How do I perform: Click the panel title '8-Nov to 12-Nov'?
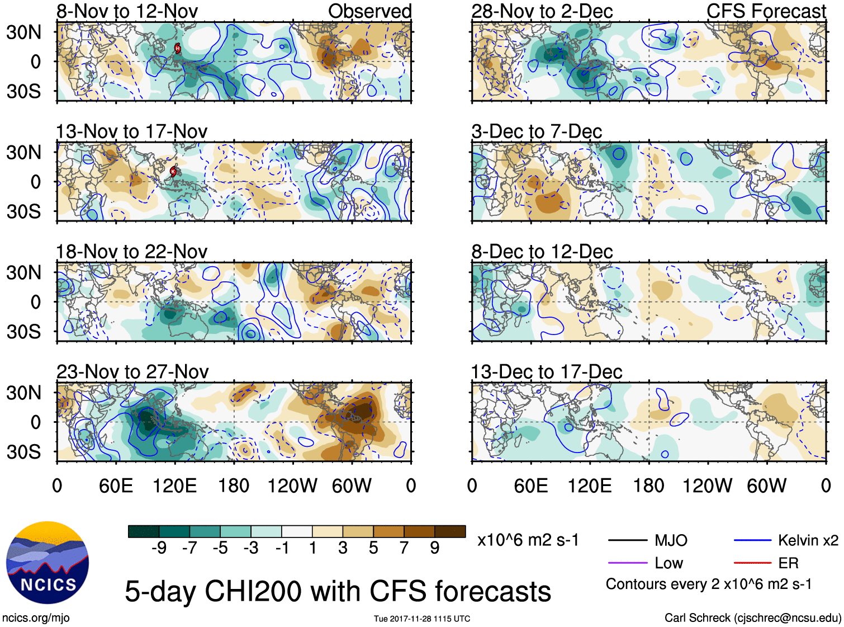(x=127, y=11)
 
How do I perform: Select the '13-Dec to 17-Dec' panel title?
(x=546, y=371)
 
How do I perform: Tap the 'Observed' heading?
(x=369, y=11)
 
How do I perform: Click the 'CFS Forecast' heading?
(x=766, y=11)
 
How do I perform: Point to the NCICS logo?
(x=48, y=562)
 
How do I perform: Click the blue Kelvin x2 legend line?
(x=752, y=540)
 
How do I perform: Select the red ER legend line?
(x=752, y=563)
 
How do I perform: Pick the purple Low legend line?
(x=627, y=563)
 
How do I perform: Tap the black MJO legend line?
(x=627, y=540)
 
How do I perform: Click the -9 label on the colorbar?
(x=159, y=548)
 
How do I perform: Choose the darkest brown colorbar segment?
(x=450, y=531)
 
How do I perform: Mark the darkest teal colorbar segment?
(x=144, y=531)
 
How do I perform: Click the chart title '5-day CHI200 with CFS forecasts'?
(x=338, y=591)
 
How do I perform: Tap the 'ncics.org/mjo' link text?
(x=36, y=617)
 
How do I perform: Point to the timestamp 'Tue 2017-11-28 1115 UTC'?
(x=422, y=619)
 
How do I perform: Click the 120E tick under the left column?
(x=174, y=485)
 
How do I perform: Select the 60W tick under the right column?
(x=766, y=485)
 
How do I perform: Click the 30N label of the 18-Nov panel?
(x=24, y=272)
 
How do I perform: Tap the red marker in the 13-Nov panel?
(x=173, y=171)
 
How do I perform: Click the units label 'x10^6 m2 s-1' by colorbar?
(x=528, y=540)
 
